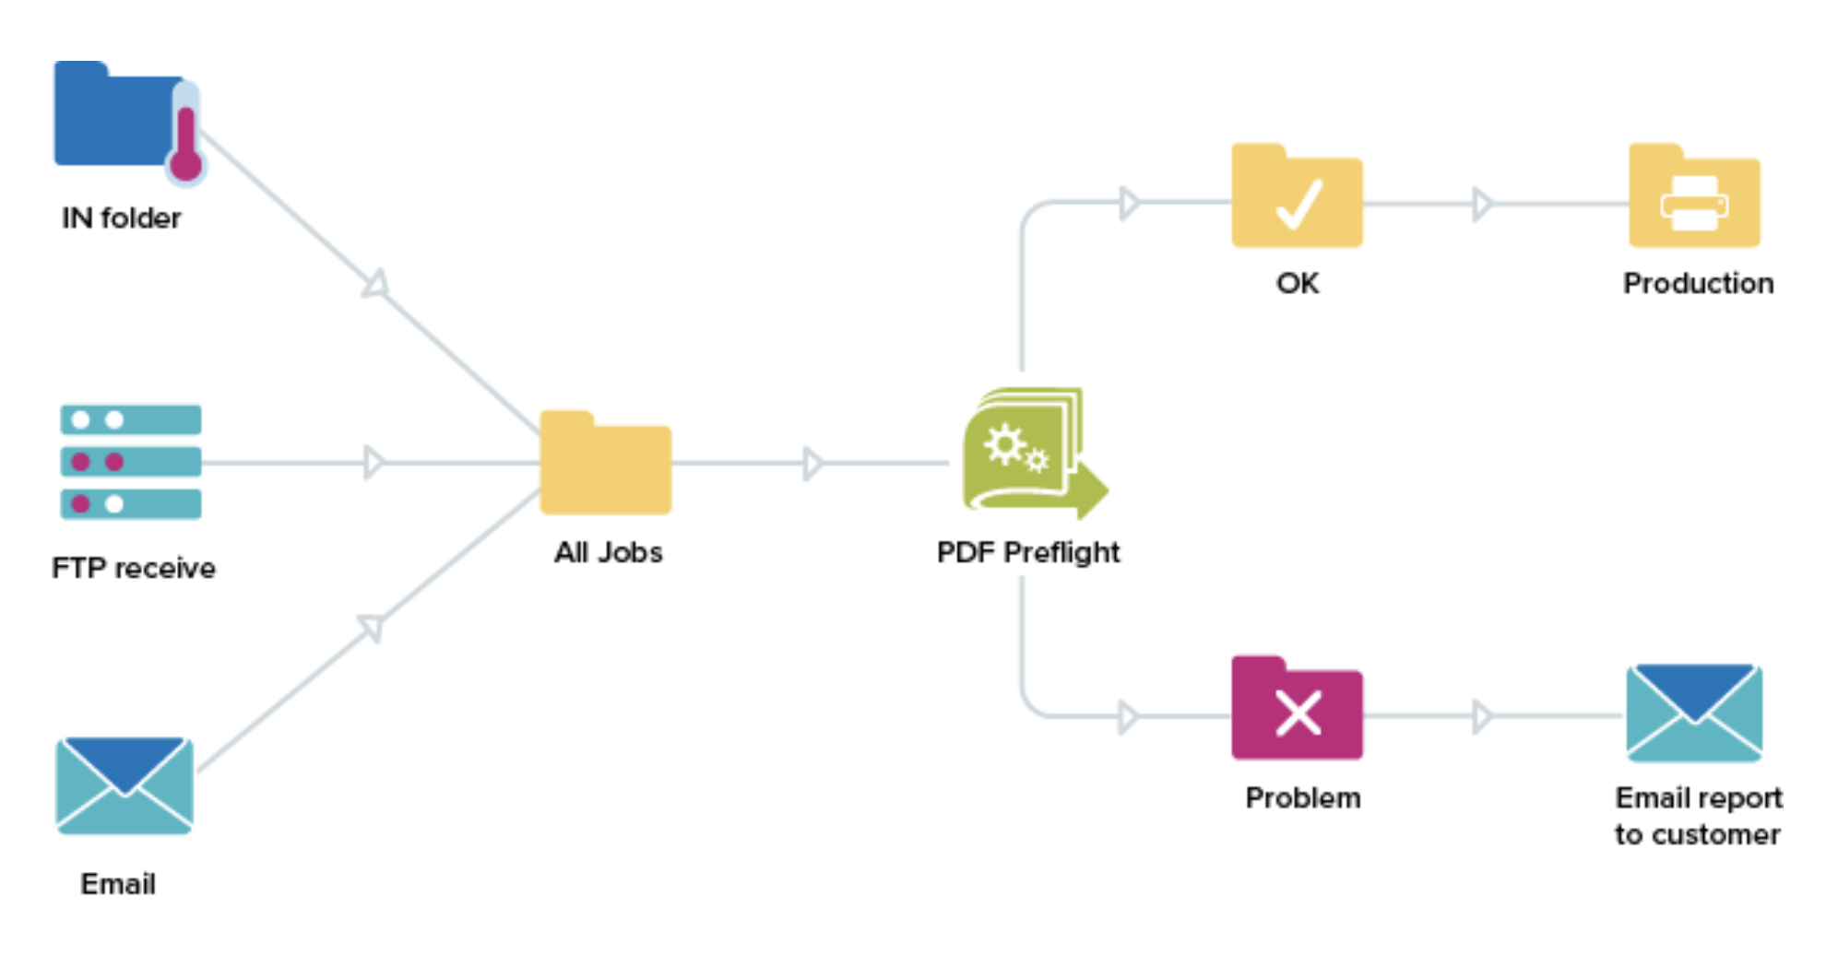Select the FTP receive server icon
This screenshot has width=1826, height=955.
click(x=131, y=462)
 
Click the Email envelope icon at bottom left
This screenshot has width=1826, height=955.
click(x=125, y=785)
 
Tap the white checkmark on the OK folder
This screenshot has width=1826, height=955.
click(x=1298, y=204)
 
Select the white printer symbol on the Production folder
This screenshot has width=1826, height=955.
click(x=1694, y=204)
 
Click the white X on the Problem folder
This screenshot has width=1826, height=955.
click(x=1298, y=713)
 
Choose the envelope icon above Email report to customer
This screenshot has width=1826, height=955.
click(x=1694, y=713)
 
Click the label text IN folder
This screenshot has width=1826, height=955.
click(x=121, y=218)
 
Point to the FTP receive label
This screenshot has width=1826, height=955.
click(x=134, y=568)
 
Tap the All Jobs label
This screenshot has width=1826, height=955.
click(x=608, y=552)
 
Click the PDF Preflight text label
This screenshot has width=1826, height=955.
click(x=1028, y=552)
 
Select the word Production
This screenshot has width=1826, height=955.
click(x=1698, y=283)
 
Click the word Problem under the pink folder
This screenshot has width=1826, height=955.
click(x=1302, y=797)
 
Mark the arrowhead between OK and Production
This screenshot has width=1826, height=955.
click(x=1482, y=204)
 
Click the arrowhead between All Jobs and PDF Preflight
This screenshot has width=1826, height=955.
click(x=812, y=464)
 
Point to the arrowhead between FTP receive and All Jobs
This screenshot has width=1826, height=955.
click(x=373, y=463)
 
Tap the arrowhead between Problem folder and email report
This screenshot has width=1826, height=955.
click(x=1482, y=716)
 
